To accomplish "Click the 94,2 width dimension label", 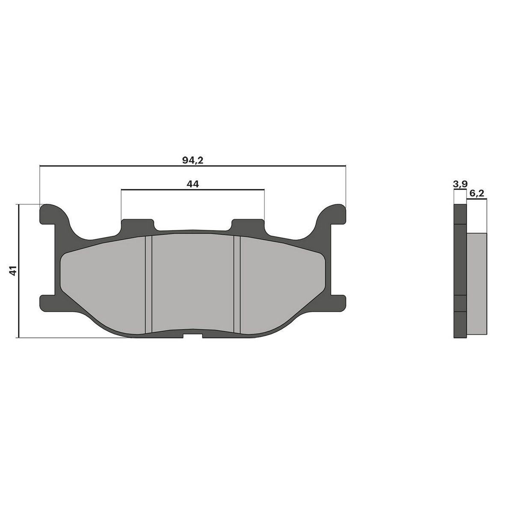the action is pyautogui.click(x=193, y=160).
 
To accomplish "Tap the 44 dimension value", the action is pyautogui.click(x=193, y=184).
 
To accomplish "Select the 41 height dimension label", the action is pyautogui.click(x=13, y=271).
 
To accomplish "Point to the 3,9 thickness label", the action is pyautogui.click(x=460, y=184).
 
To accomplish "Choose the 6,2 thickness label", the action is pyautogui.click(x=477, y=193).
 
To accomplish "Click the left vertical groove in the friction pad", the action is pyautogui.click(x=149, y=285).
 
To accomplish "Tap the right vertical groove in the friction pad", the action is pyautogui.click(x=237, y=285).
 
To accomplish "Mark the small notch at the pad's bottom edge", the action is pyautogui.click(x=193, y=336).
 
